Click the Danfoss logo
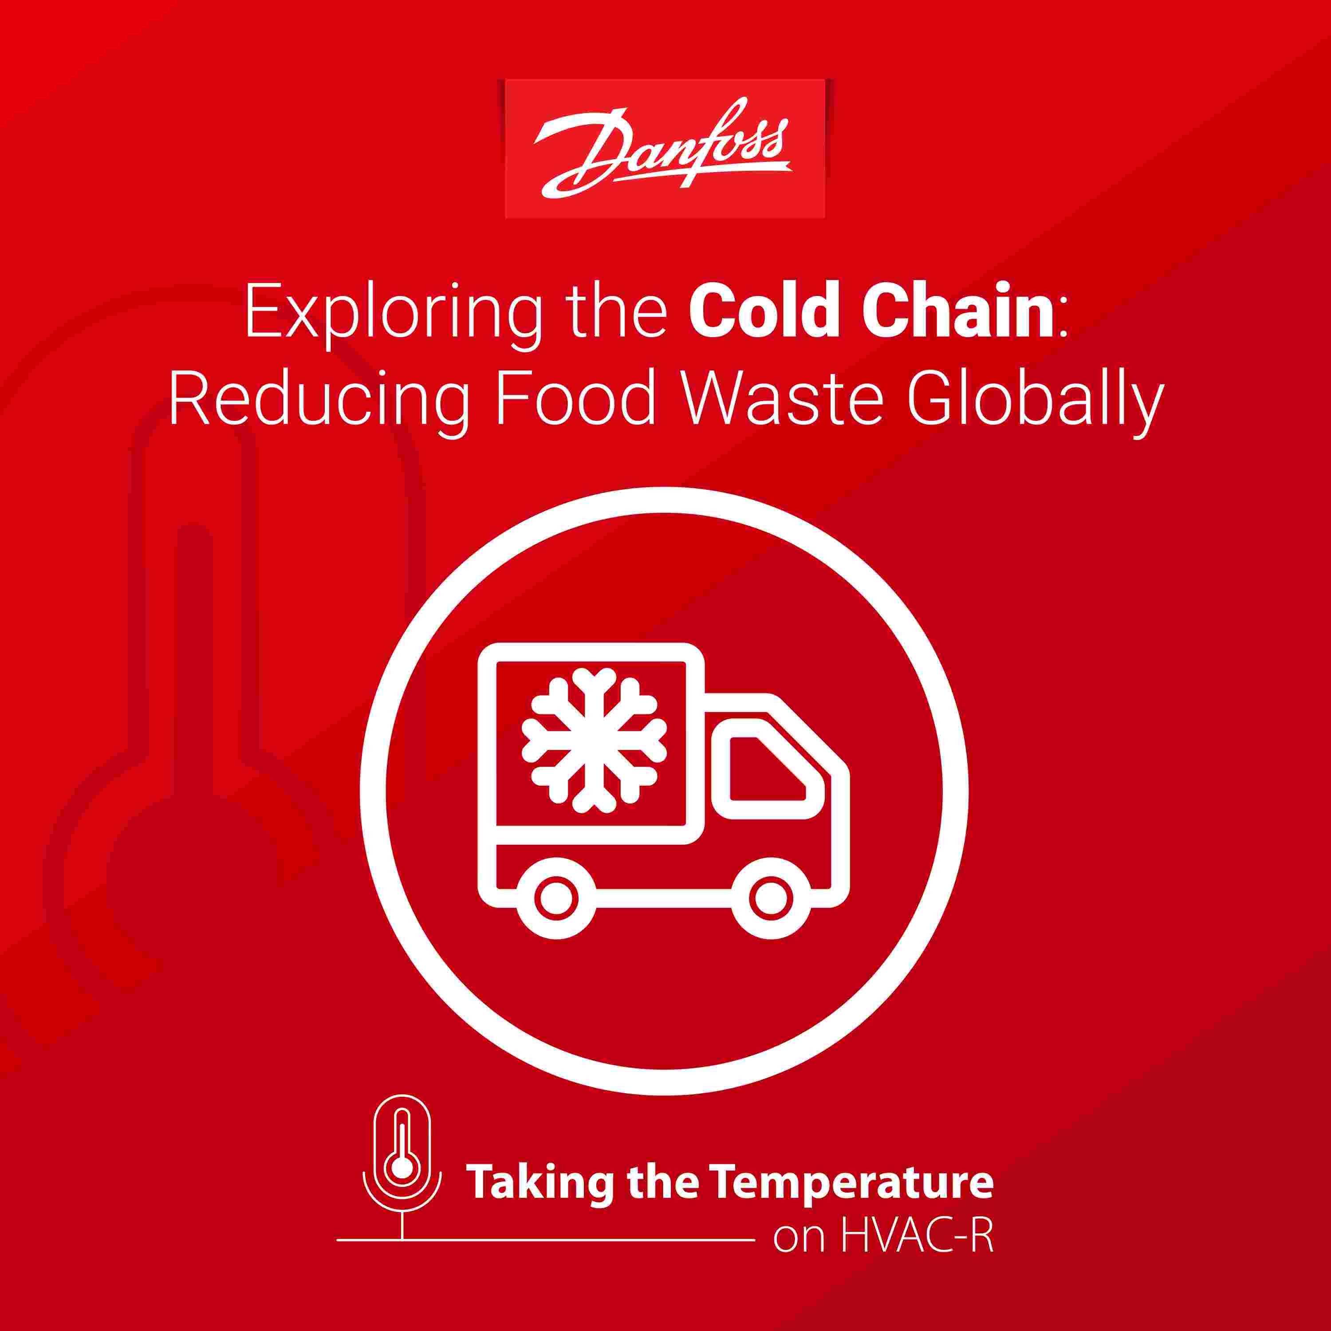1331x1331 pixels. [665, 149]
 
